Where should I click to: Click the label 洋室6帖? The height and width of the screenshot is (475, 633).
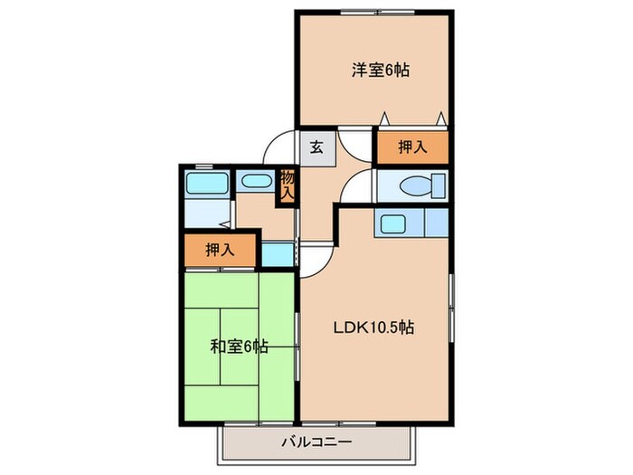380,70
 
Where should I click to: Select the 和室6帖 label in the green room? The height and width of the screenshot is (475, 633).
239,345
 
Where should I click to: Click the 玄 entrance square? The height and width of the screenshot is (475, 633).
317,147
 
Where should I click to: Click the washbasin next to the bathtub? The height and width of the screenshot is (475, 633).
257,182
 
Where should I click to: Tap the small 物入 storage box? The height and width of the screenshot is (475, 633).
287,186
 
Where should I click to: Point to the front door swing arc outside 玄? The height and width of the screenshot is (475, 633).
280,147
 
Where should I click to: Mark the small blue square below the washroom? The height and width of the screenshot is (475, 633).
279,254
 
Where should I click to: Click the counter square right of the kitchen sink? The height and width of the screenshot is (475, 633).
436,222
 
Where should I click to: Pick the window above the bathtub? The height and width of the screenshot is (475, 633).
203,166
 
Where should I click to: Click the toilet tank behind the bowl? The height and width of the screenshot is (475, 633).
439,186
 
